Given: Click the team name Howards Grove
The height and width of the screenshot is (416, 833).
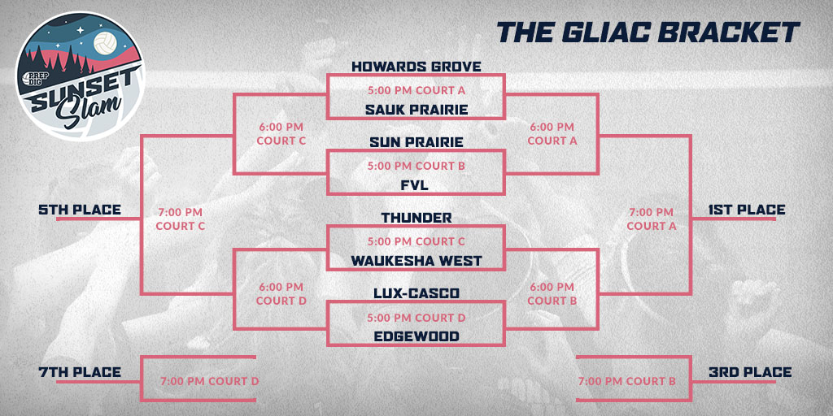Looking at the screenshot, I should point(416,66).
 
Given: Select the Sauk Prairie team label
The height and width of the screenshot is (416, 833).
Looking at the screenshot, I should point(416,109).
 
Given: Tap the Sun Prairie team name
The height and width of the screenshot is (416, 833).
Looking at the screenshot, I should point(416,142).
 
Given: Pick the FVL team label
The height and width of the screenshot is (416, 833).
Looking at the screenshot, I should point(416,185).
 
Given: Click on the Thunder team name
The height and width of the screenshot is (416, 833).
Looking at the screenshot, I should point(416,218).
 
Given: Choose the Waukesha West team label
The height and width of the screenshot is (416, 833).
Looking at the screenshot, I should point(416,261).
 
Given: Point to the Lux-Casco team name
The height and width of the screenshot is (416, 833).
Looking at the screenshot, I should point(416,293).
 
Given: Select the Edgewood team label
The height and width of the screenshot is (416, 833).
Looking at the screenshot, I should point(416,336).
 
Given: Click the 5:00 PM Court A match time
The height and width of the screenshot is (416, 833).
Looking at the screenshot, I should point(416,90).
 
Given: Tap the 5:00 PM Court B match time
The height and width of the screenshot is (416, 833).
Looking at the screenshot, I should point(416,166).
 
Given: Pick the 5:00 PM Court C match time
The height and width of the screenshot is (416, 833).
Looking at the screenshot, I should point(416,241).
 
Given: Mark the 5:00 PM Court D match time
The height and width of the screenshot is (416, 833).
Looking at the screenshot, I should point(416,317).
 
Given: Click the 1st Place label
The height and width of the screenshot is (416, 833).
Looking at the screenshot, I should point(747,210).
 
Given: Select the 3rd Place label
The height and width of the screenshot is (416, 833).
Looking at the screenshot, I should point(749,372).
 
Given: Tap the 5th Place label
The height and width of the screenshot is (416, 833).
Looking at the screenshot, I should point(80,210).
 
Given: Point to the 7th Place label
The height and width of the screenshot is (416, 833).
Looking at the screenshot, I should point(80,372).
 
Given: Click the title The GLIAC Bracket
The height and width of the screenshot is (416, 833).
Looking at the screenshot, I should point(648,32).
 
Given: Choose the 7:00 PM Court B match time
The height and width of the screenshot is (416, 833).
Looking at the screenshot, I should point(626,381).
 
